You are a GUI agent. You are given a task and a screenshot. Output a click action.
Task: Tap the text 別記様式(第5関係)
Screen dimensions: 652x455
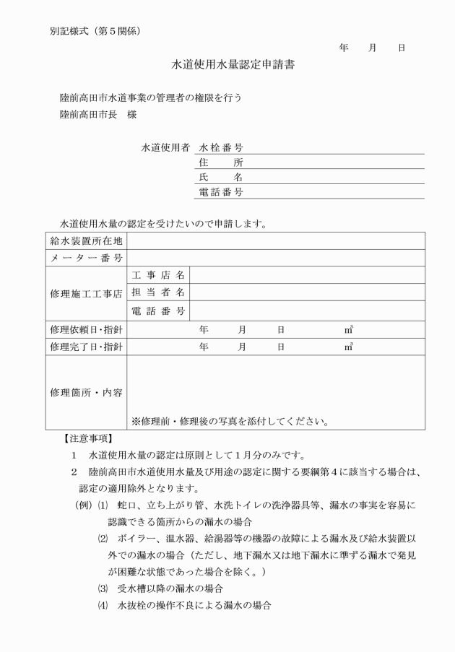coord(94,31)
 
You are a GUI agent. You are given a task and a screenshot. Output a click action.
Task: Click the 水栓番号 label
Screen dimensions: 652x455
coord(220,147)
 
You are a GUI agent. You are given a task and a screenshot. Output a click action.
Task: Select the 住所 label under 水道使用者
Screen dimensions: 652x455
coord(220,162)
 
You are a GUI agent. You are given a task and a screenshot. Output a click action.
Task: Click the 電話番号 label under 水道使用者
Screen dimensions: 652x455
coord(220,192)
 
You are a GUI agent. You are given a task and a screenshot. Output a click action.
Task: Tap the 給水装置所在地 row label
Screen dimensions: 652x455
coord(86,240)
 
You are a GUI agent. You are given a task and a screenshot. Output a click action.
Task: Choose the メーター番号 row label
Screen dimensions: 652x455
coord(86,258)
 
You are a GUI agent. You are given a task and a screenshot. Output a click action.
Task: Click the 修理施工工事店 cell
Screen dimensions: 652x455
coord(86,293)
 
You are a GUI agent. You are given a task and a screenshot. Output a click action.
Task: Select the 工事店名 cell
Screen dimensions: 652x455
coord(158,275)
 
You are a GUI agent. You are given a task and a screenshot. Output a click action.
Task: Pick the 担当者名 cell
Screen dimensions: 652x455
coord(158,292)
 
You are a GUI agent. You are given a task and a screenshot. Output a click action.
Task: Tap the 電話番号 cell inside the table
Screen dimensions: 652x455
coord(158,310)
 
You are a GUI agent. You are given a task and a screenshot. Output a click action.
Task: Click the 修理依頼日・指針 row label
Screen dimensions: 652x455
coord(86,329)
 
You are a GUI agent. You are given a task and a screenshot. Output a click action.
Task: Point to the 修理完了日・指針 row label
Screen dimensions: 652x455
coord(86,347)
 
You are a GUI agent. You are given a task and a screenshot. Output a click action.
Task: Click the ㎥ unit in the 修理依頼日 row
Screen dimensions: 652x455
coord(349,329)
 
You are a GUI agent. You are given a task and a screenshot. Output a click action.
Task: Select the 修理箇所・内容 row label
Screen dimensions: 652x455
coord(86,394)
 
